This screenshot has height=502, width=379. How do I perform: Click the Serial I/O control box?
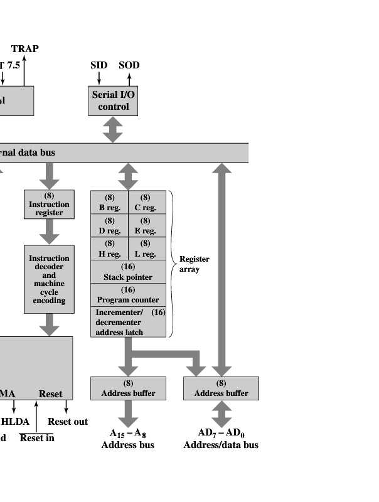(x=113, y=100)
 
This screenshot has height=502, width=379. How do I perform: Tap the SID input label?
(x=99, y=65)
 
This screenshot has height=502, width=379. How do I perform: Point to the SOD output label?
(x=129, y=65)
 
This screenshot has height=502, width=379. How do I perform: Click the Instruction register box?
(x=49, y=204)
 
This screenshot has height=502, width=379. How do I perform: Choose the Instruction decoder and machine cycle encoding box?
(x=49, y=279)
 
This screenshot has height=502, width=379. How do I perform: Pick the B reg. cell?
(x=110, y=203)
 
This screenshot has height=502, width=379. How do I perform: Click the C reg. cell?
(x=146, y=203)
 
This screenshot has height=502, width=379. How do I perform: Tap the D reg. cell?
(x=110, y=226)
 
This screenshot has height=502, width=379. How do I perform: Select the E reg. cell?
(x=146, y=226)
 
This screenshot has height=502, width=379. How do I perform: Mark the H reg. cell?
(x=110, y=249)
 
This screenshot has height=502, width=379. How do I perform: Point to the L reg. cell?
(x=146, y=249)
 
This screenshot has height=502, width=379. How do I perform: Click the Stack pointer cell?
(x=128, y=272)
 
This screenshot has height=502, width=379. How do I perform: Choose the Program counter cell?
(x=128, y=295)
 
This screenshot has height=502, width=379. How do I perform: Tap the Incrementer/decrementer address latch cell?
(x=128, y=322)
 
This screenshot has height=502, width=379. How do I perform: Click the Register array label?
(x=194, y=264)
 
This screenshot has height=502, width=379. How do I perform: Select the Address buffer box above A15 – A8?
(x=128, y=388)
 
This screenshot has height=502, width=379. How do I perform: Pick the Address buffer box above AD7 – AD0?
(x=221, y=388)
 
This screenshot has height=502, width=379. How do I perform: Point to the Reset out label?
(x=68, y=422)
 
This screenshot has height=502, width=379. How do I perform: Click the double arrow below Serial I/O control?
(x=113, y=129)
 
